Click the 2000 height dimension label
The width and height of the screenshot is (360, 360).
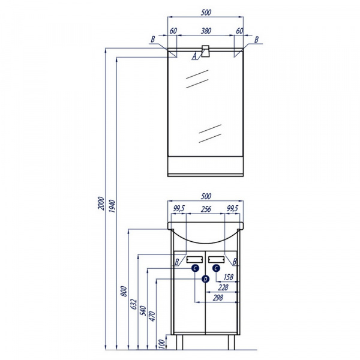pyautogui.click(x=101, y=203)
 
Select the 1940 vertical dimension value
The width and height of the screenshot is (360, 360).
pyautogui.click(x=112, y=206)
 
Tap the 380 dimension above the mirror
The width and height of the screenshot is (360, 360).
pyautogui.click(x=206, y=31)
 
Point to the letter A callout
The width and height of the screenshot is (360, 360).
pyautogui.click(x=194, y=56)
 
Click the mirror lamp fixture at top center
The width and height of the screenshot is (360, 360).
pyautogui.click(x=205, y=51)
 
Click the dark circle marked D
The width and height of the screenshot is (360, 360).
pyautogui.click(x=205, y=279)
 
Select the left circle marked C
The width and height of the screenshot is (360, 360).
pyautogui.click(x=195, y=268)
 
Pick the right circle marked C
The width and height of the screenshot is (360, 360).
pyautogui.click(x=216, y=268)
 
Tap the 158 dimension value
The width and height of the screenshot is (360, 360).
pyautogui.click(x=229, y=277)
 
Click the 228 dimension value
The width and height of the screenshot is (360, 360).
pyautogui.click(x=223, y=287)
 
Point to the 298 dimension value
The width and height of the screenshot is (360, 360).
pyautogui.click(x=218, y=298)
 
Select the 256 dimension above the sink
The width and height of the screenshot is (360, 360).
pyautogui.click(x=206, y=209)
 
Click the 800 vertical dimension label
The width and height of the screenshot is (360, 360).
pyautogui.click(x=124, y=291)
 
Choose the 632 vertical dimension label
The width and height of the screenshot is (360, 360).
pyautogui.click(x=134, y=304)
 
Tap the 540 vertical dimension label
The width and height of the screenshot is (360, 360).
pyautogui.click(x=143, y=311)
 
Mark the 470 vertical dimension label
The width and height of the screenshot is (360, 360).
pyautogui.click(x=152, y=316)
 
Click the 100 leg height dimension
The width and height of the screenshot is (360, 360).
pyautogui.click(x=162, y=344)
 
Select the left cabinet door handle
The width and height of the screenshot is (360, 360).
pyautogui.click(x=194, y=259)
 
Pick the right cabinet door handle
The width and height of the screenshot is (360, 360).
pyautogui.click(x=216, y=259)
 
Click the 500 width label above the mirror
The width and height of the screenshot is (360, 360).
pyautogui.click(x=206, y=13)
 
